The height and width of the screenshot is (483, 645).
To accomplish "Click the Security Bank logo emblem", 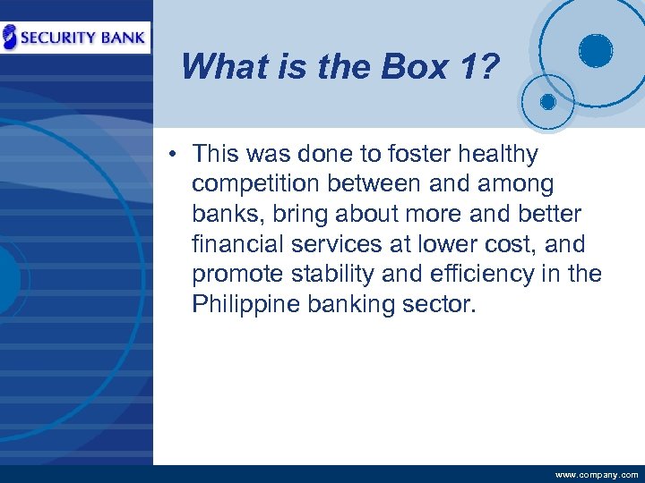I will click(x=10, y=37).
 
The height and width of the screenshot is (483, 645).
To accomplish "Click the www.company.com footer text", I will click(x=597, y=475).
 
